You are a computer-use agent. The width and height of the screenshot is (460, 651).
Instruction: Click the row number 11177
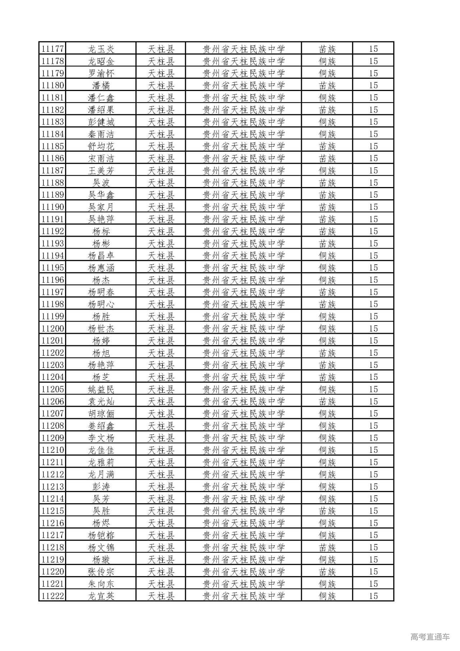click(52, 49)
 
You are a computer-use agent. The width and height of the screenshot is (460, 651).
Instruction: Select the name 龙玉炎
click(101, 49)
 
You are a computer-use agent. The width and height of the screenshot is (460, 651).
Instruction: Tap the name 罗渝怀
click(101, 73)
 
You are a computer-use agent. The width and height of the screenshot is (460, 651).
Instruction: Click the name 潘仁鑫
click(101, 97)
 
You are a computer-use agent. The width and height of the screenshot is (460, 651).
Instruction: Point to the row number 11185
click(52, 146)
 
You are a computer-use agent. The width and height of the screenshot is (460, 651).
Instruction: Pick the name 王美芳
click(101, 170)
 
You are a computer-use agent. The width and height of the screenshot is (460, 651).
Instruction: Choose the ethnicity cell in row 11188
click(327, 183)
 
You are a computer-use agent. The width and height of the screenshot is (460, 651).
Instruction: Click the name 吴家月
click(101, 207)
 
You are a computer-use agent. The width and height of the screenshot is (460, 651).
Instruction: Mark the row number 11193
click(52, 243)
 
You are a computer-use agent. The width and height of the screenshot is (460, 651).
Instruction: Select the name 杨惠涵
click(101, 268)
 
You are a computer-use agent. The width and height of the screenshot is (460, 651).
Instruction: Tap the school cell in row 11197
click(243, 292)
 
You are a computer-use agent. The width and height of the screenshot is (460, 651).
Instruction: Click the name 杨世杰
click(101, 328)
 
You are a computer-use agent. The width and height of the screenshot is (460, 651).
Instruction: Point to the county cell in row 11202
click(161, 353)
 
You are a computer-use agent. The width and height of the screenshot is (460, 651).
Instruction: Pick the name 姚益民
click(101, 389)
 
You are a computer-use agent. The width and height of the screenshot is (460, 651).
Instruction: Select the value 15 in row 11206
click(373, 401)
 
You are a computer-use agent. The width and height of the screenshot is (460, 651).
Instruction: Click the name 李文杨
click(101, 438)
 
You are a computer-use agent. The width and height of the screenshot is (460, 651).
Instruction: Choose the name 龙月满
click(101, 474)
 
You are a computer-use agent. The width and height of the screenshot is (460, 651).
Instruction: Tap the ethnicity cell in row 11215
click(327, 511)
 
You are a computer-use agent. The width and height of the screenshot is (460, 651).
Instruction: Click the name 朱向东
click(101, 584)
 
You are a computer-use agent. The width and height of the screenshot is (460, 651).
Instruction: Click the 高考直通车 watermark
click(430, 637)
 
